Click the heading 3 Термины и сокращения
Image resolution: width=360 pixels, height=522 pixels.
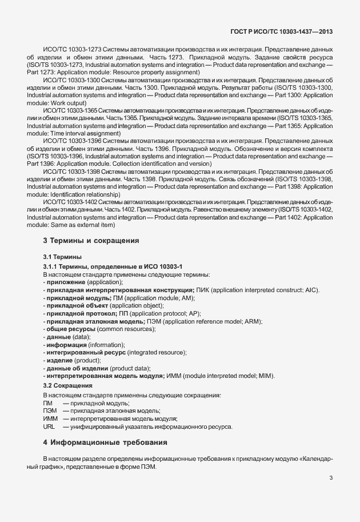pyautogui.click(x=91, y=241)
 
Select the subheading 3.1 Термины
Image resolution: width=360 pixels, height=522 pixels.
pyautogui.click(x=62, y=257)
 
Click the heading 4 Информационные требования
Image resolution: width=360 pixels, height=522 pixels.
pyautogui.click(x=107, y=443)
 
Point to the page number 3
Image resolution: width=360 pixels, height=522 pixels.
pyautogui.click(x=331, y=479)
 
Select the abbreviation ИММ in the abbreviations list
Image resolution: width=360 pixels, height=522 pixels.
pyautogui.click(x=50, y=419)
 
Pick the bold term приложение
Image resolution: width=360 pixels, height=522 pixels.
pyautogui.click(x=66, y=282)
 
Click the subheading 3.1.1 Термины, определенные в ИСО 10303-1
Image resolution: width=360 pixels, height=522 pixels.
pyautogui.click(x=113, y=267)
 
